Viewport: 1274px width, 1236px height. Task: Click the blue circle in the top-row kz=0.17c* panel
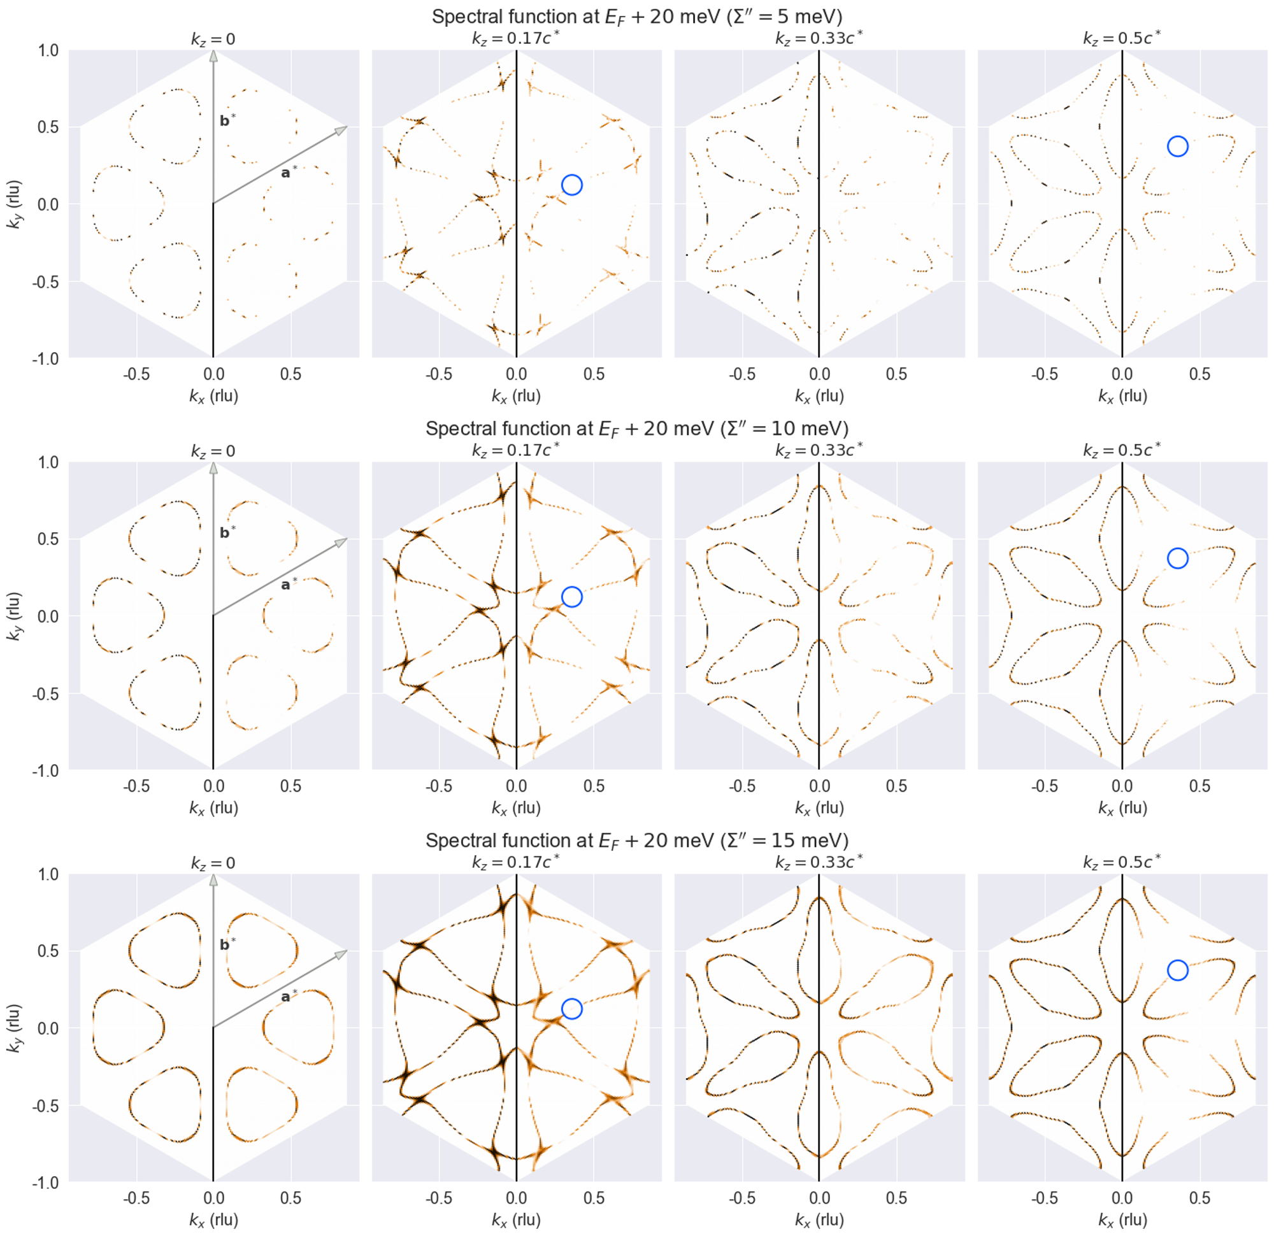click(571, 185)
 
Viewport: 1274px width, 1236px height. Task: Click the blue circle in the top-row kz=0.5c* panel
click(1177, 146)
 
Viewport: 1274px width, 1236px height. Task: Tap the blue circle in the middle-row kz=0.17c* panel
click(571, 597)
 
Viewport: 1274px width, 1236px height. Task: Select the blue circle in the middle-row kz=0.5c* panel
click(1177, 558)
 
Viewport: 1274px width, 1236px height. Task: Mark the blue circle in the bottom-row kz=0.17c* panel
click(571, 1009)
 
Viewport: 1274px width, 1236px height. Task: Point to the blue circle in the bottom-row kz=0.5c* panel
click(1177, 970)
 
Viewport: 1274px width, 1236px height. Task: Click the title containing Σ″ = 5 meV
click(636, 17)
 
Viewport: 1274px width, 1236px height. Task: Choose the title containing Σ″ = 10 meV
click(636, 429)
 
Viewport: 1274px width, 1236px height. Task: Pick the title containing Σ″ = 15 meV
click(636, 841)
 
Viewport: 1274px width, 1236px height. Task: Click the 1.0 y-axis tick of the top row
click(46, 50)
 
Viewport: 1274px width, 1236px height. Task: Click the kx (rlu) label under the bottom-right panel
click(1122, 1219)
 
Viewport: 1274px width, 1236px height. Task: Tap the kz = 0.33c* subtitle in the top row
click(819, 38)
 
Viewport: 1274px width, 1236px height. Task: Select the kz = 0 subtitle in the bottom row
click(213, 863)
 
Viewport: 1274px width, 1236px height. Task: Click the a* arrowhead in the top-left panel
click(342, 130)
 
